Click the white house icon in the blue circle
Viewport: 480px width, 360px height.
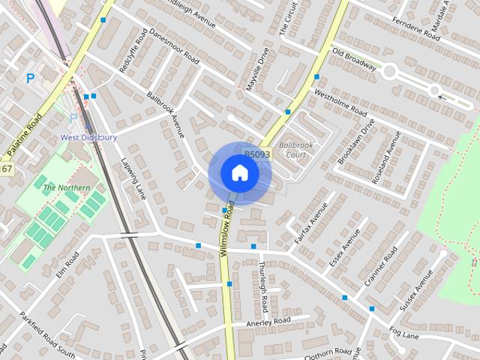point(239,172)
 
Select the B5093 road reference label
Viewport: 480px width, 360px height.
point(257,154)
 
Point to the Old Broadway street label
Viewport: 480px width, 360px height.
point(354,61)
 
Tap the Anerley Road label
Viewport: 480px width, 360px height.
point(268,322)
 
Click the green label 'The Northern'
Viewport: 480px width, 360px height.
point(67,187)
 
